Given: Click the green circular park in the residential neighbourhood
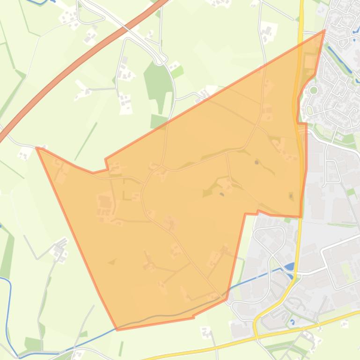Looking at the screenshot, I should pyautogui.click(x=314, y=90).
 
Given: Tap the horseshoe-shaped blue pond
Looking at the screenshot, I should pyautogui.click(x=39, y=1).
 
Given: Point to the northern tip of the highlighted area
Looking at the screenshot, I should pyautogui.click(x=324, y=31).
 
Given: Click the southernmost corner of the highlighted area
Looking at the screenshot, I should pyautogui.click(x=117, y=330).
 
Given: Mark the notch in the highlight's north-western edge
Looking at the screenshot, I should pyautogui.click(x=107, y=161).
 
